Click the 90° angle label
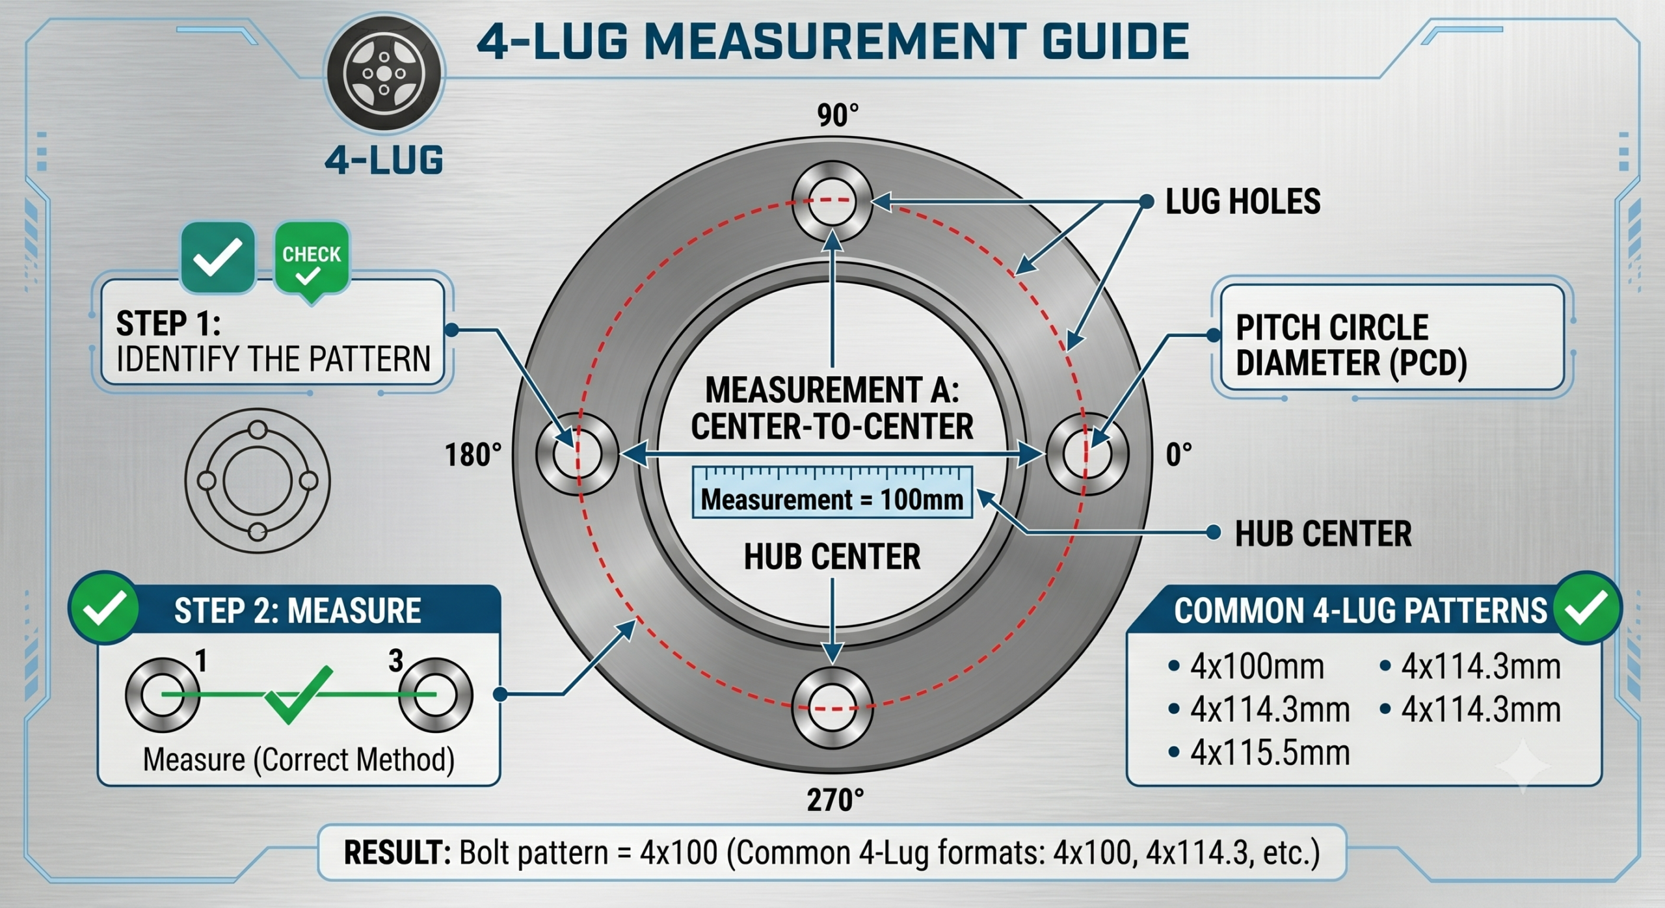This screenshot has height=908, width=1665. point(838,116)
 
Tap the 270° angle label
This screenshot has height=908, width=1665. point(836,800)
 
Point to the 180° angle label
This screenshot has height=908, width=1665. point(473,455)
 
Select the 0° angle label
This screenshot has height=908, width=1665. point(1179,455)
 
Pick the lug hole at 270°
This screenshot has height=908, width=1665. point(832,708)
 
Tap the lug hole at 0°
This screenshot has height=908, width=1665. point(1087,454)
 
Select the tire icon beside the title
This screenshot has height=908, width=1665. point(384,73)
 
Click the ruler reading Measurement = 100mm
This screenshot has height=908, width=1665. point(832,492)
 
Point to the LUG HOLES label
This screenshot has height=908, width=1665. point(1242,202)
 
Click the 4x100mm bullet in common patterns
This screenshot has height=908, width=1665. point(1247,667)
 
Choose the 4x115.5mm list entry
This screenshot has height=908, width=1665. point(1259,753)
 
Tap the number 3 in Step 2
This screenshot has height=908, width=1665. point(396,661)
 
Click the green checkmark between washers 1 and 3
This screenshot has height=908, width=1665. point(298,695)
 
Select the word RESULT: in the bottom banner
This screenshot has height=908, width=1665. point(397,853)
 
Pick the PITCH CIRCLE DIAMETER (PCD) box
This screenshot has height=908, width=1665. point(1392,338)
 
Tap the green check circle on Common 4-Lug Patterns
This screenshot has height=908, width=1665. point(1587,608)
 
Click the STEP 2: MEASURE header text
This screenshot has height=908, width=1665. point(297,611)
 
